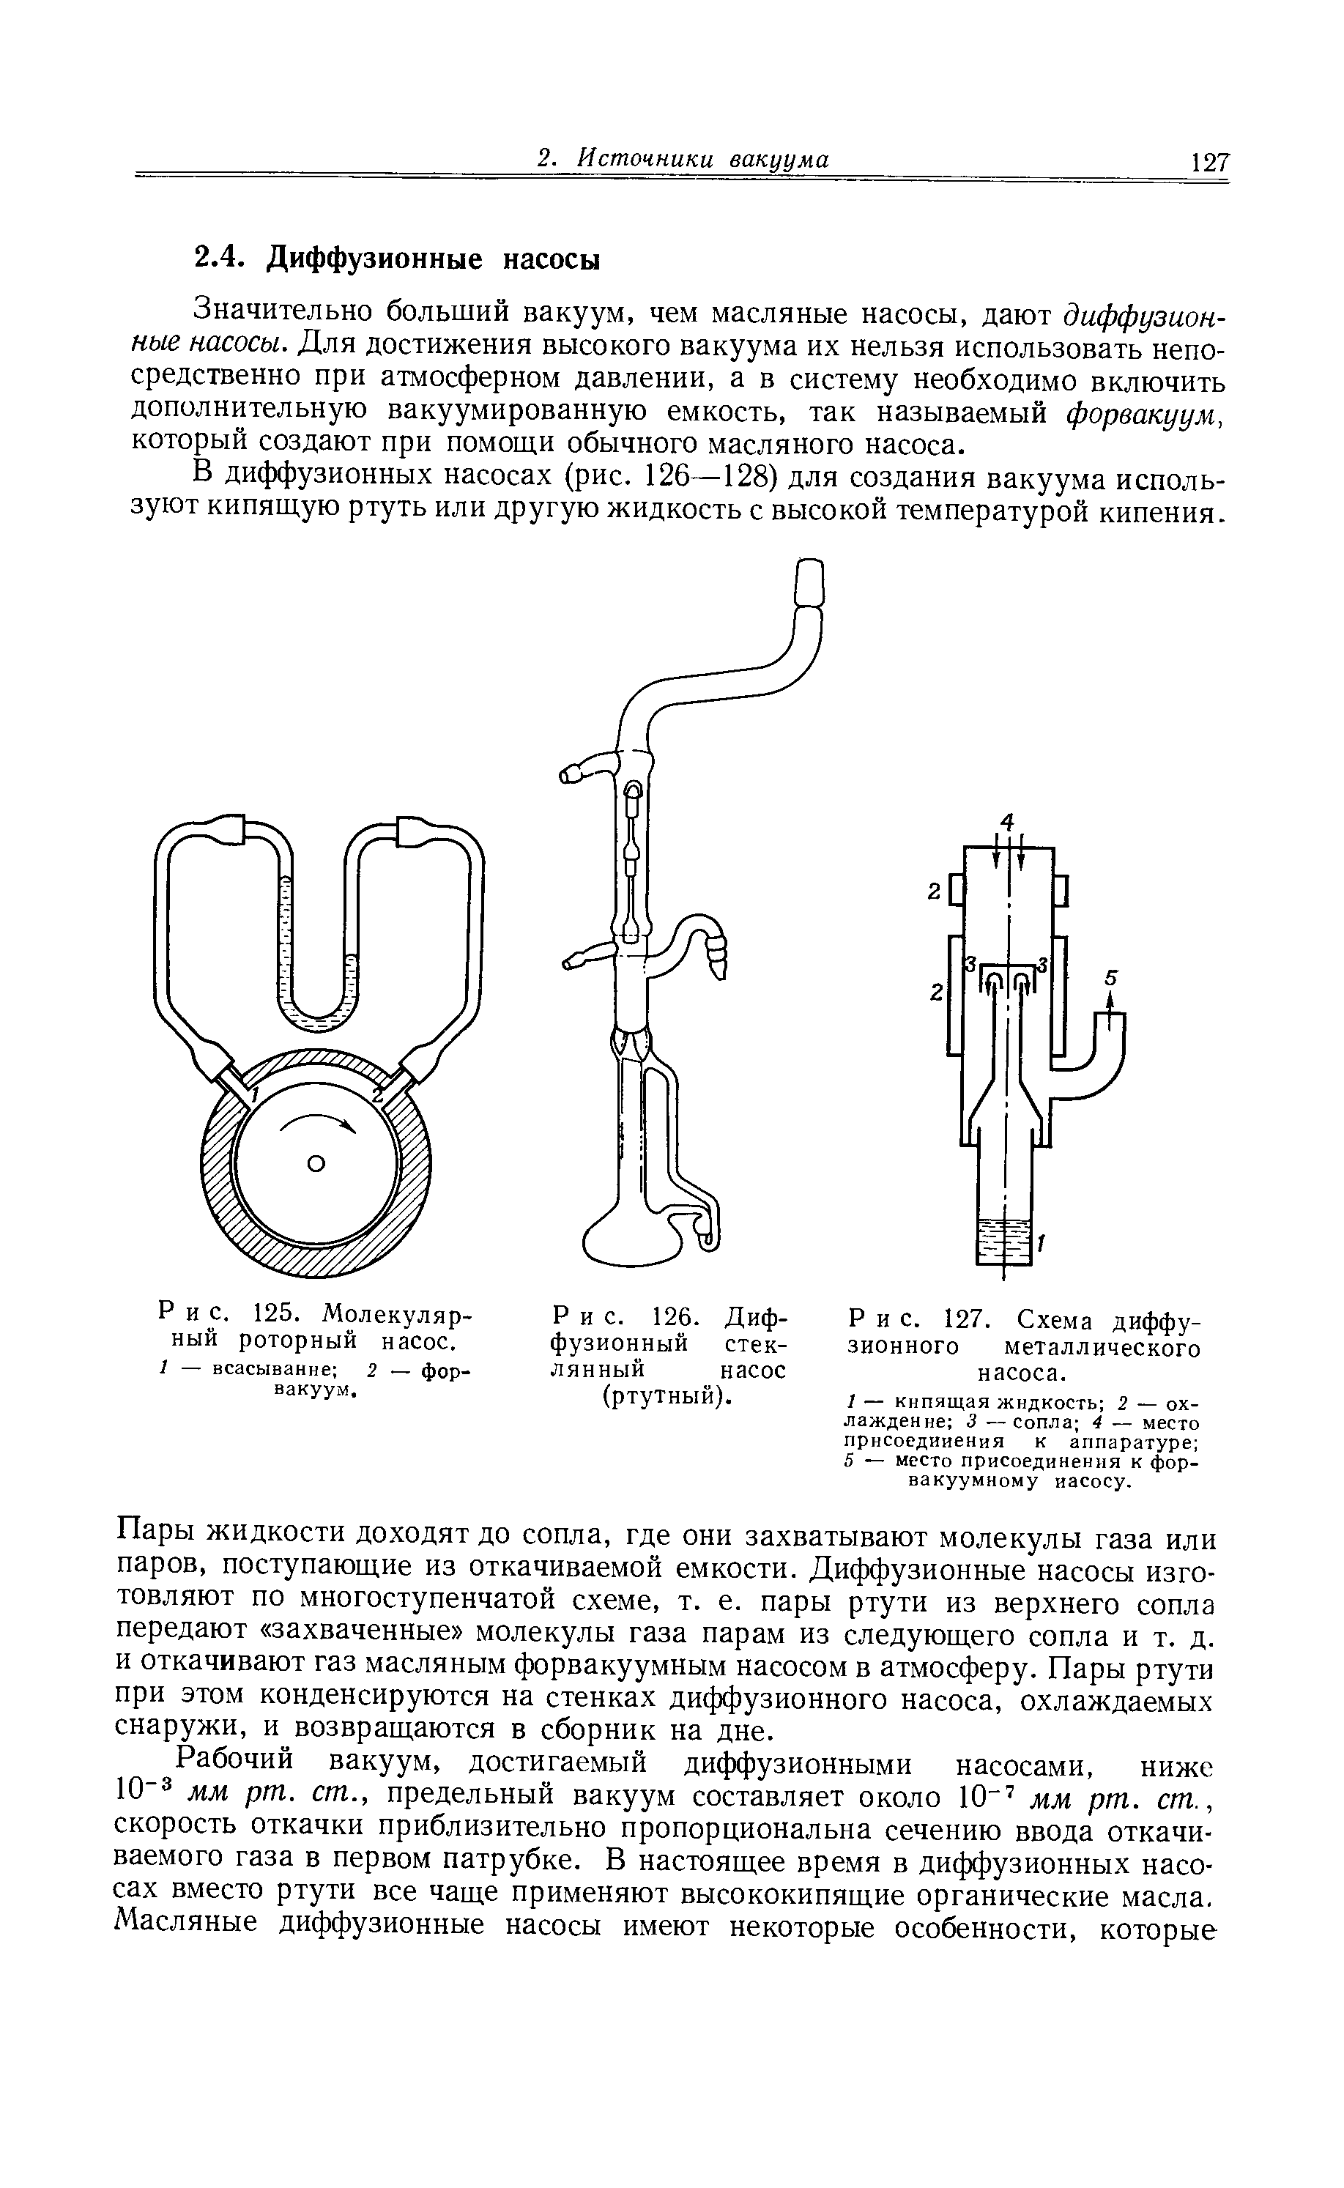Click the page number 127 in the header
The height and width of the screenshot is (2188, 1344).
coord(1211,163)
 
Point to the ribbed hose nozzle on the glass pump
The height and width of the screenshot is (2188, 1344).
coord(716,961)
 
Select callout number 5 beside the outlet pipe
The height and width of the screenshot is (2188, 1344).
coord(1108,978)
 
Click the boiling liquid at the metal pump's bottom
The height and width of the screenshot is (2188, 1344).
coord(1003,1239)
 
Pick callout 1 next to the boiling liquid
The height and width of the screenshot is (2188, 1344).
coord(1041,1247)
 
